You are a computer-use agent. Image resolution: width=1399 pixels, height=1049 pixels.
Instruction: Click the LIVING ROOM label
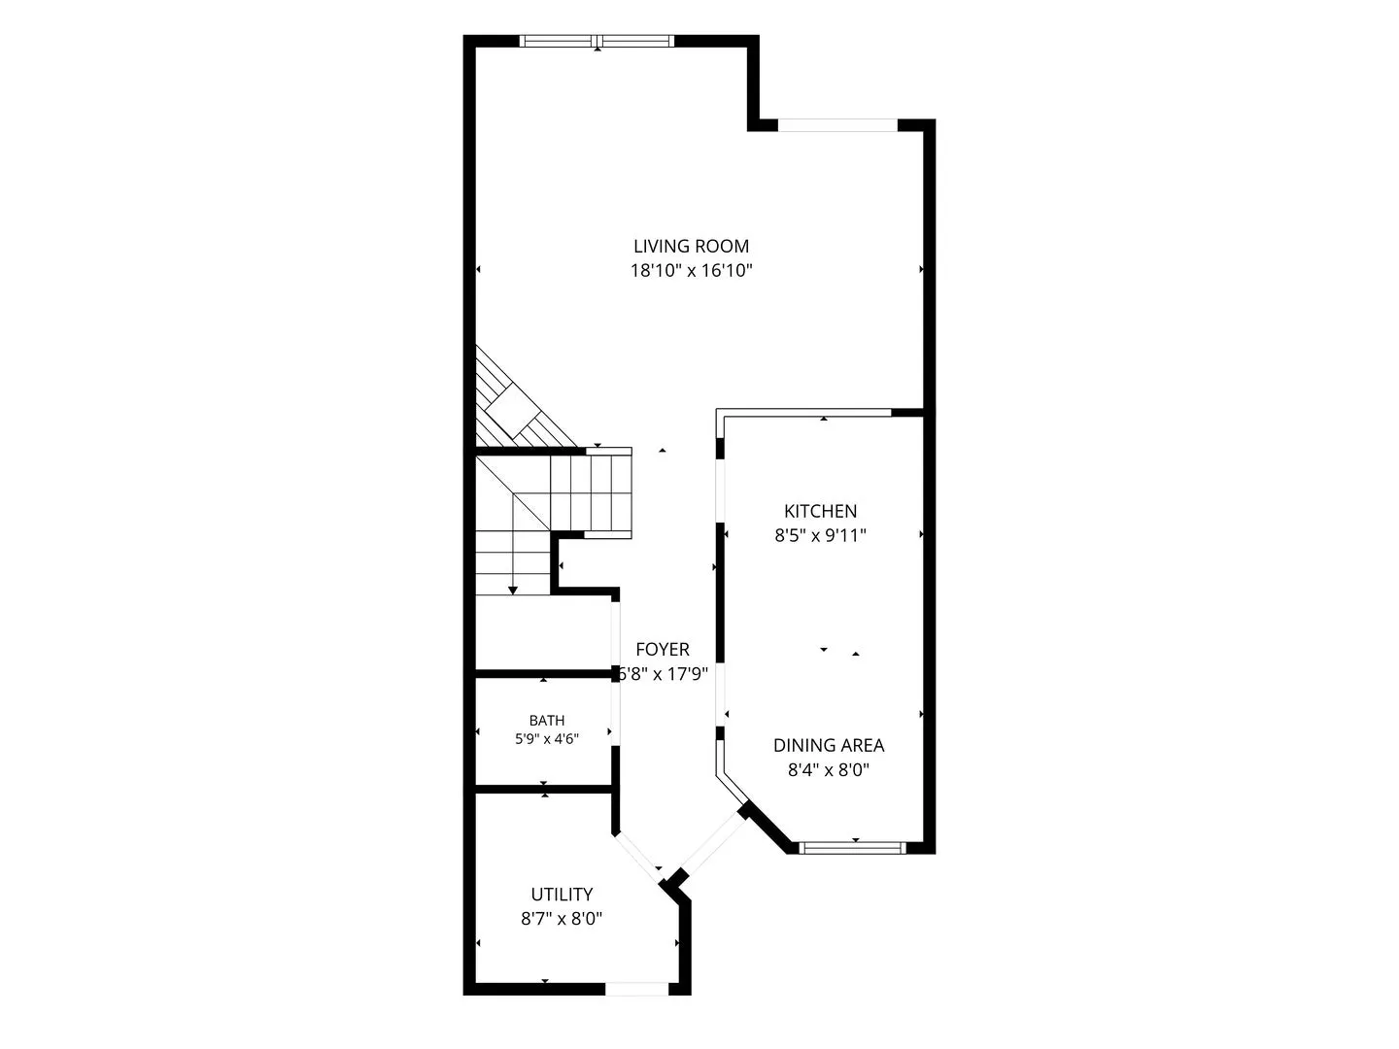[691, 246]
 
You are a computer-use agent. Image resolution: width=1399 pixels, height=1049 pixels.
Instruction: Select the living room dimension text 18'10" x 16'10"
[691, 271]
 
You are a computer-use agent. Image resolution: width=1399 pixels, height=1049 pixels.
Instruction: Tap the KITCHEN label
[820, 511]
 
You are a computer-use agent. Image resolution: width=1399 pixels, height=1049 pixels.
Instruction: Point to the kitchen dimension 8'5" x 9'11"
[820, 535]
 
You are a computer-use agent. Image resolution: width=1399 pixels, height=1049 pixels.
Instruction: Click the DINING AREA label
[829, 745]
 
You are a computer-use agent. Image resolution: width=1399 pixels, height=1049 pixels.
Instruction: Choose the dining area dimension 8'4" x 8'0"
[829, 770]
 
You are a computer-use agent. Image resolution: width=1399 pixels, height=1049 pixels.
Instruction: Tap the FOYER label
[663, 649]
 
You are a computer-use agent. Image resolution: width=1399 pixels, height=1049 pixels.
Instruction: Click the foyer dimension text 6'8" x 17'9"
[664, 674]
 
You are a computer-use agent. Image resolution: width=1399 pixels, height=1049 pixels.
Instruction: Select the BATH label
[547, 721]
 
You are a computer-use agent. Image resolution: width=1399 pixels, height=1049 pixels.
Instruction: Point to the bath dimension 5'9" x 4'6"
[547, 739]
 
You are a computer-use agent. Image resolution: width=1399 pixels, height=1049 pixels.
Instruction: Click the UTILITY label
[562, 895]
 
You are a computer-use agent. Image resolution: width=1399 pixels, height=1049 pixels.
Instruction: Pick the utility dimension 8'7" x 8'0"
[562, 919]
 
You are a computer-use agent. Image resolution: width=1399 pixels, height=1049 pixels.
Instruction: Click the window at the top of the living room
[597, 42]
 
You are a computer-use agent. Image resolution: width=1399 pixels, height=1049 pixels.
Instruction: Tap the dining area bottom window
[852, 847]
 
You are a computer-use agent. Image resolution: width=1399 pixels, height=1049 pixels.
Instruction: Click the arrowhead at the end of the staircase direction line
[512, 591]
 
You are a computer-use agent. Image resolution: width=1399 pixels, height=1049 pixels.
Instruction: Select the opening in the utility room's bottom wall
[636, 989]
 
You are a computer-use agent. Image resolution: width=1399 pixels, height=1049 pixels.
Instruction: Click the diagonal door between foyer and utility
[638, 858]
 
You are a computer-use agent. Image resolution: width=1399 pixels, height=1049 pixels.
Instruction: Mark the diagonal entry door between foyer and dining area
[712, 844]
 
